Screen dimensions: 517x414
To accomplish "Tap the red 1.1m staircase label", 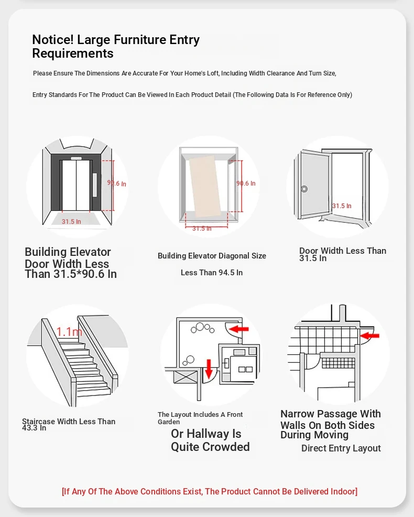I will pos(69,331).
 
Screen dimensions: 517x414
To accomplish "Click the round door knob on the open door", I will pos(304,189).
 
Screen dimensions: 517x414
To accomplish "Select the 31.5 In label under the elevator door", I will pos(71,222).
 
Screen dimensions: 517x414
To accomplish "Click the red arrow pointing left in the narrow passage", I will pos(371,334).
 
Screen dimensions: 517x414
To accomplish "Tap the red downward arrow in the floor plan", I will pos(209,368).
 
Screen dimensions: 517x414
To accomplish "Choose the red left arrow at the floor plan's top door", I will pos(240,329).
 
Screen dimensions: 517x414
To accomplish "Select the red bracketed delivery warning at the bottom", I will pos(210,491).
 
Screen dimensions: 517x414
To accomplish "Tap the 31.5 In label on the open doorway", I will pos(342,206).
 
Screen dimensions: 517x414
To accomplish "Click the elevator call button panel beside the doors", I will pos(95,184).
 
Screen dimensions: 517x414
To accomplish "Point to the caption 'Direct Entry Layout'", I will pos(341,448).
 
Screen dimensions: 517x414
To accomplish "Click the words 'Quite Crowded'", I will pos(210,447).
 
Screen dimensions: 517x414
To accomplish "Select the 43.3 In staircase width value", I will pos(34,428).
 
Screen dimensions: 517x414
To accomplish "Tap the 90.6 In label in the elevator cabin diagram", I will pos(246,184).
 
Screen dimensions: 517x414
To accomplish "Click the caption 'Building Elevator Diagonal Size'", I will pos(212,256).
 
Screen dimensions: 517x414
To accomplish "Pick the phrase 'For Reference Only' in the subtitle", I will pos(321,95).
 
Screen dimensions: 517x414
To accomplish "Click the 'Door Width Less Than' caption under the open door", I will pos(343,251).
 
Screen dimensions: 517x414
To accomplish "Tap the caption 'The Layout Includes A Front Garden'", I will pos(200,418).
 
